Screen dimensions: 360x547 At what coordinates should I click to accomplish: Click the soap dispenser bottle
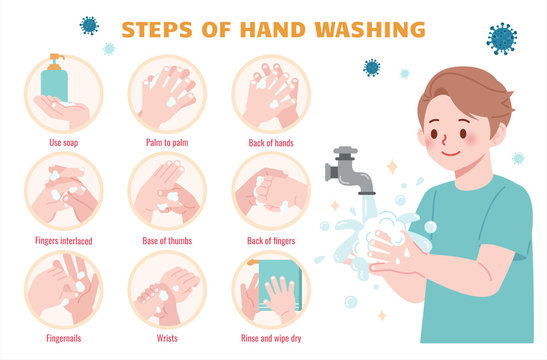(x=54, y=79)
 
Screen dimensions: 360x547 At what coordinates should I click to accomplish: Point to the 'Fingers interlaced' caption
(x=63, y=240)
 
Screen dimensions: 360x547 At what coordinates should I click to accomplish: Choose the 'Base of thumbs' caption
(x=166, y=240)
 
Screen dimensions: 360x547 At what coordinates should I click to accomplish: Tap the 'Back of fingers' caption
(x=269, y=240)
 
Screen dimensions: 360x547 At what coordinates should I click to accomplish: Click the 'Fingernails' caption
(x=63, y=337)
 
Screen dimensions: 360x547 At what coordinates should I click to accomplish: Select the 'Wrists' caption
(x=166, y=337)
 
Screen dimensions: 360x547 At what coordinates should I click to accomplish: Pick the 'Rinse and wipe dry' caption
(x=269, y=337)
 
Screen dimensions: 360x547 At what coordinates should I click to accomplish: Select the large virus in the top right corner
(x=502, y=38)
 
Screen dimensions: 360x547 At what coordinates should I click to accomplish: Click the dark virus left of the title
(x=89, y=25)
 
